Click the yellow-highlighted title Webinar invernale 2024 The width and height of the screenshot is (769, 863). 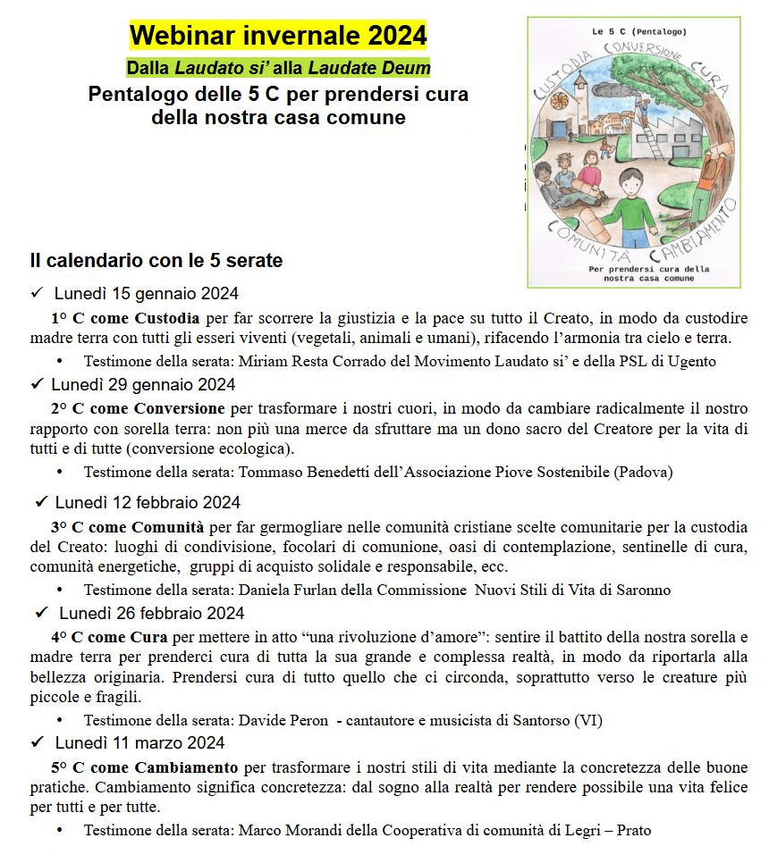tap(278, 36)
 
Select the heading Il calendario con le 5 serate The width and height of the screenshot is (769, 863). tap(156, 261)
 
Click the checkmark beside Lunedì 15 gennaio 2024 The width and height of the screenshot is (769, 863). tap(37, 293)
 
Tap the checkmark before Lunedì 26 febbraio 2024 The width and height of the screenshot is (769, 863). tap(40, 613)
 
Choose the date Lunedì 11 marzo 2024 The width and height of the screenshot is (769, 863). tap(139, 743)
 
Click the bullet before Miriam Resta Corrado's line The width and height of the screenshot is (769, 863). tap(60, 361)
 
